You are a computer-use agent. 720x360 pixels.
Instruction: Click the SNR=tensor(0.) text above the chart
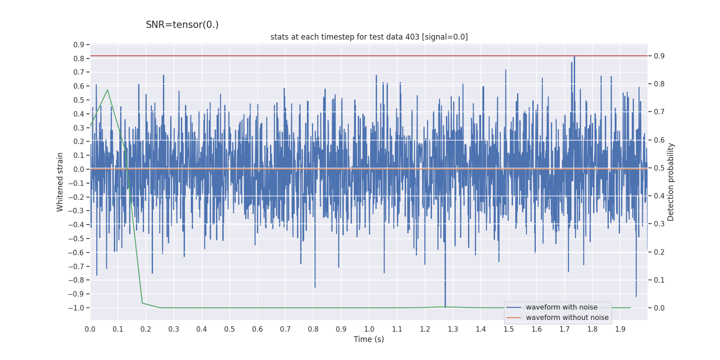pos(182,25)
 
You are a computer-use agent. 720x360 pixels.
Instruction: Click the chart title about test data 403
pos(369,37)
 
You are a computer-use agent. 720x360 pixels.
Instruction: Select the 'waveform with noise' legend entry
pos(562,307)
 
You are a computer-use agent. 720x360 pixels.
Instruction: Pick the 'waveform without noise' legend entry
pos(567,318)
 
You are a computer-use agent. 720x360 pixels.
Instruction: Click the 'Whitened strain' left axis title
pos(60,182)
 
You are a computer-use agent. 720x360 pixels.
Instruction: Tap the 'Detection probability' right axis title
pos(670,182)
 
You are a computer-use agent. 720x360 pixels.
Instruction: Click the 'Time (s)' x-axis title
pos(369,339)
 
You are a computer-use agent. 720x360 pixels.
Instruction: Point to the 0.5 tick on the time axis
pos(229,329)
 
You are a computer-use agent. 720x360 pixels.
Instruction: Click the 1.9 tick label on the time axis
pos(620,329)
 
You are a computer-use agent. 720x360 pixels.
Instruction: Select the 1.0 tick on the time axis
pos(369,329)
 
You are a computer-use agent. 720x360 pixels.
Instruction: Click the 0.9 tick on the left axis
pos(79,45)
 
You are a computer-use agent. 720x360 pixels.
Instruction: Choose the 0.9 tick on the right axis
pos(659,56)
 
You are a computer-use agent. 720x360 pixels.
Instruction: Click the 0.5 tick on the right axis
pos(659,168)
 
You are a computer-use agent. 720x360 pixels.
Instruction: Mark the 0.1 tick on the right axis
pos(659,280)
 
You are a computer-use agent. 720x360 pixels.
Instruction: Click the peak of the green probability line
pos(107,90)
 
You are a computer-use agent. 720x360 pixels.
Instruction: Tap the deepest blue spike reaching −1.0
pos(445,306)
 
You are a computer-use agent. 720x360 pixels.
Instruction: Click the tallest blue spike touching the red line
pos(574,57)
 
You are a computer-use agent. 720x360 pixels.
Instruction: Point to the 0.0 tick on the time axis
pos(90,329)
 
